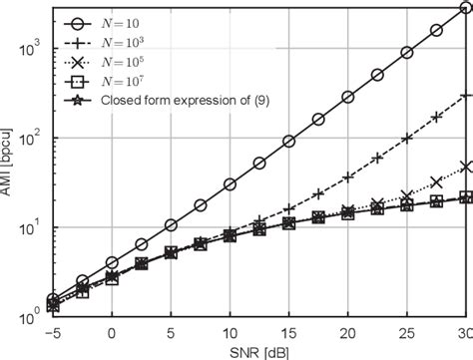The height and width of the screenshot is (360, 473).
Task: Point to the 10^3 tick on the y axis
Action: coord(31,46)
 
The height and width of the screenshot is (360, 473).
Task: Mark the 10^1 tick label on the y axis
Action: coord(31,217)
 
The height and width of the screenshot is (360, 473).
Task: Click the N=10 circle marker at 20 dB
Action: coord(348,98)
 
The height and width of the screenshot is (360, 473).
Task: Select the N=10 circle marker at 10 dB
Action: coord(231,184)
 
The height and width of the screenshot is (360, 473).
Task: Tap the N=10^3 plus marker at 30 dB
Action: coord(466,96)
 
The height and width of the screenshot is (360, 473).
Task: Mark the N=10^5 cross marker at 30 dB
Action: coord(466,166)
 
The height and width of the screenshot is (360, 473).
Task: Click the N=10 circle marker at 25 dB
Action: coord(407,53)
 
